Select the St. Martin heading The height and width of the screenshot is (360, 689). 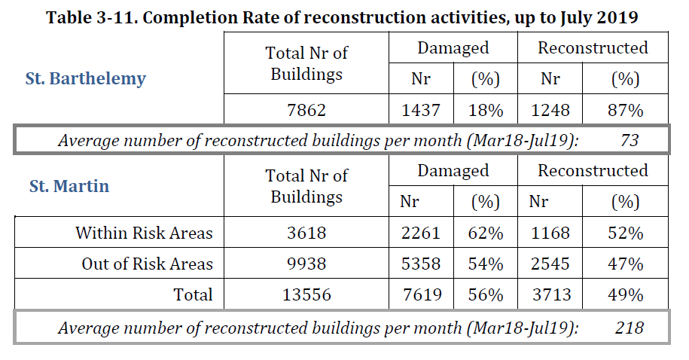coord(69,186)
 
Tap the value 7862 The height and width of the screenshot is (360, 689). coord(306,110)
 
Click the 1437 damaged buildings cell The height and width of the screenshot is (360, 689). coord(421,110)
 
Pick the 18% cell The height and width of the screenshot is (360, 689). coord(485,110)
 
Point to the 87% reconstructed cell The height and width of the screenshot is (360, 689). coord(625,110)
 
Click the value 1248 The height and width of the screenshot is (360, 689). coord(550,110)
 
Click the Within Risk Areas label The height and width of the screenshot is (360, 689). coord(144,233)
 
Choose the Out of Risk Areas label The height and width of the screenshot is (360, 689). coord(148,264)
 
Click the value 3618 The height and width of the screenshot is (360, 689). coord(306,233)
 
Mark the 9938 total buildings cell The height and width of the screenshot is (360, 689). coord(306,264)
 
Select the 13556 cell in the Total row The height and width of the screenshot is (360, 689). coord(306,295)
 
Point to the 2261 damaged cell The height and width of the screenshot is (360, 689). coord(421,233)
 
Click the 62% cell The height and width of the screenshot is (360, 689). coord(485,233)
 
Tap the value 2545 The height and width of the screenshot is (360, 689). coord(550,264)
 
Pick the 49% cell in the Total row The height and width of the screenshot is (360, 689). coord(625,295)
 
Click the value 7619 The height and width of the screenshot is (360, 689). coord(421,295)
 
